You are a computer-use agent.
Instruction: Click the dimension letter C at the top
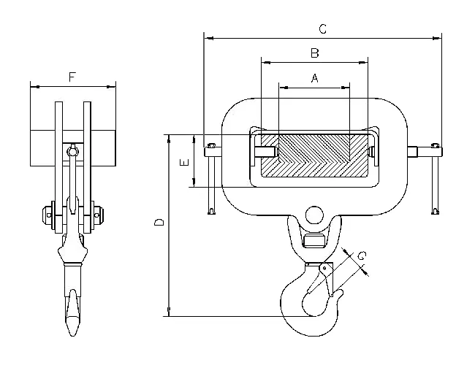(x=322, y=29)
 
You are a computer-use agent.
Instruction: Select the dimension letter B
(x=315, y=53)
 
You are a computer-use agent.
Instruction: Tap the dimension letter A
(x=315, y=78)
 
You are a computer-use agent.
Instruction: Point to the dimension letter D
(x=159, y=223)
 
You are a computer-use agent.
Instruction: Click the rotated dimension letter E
(x=184, y=162)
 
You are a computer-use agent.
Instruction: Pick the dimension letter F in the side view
(x=72, y=77)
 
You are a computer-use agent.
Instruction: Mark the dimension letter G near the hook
(x=362, y=256)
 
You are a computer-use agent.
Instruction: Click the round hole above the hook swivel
(x=314, y=215)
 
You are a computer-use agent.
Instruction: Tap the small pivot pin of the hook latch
(x=324, y=268)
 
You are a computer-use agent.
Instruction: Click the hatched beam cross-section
(x=314, y=156)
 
